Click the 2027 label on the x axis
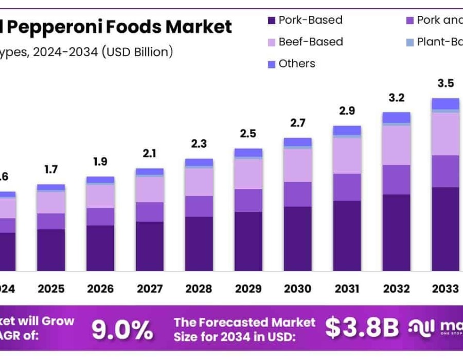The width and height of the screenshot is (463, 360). point(150,289)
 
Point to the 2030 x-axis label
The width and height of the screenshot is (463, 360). point(297,289)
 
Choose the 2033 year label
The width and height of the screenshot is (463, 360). point(445,289)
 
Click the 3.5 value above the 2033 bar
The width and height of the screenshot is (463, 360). point(445,84)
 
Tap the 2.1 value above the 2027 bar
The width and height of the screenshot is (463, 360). point(150,153)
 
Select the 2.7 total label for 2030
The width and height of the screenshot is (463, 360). point(297,123)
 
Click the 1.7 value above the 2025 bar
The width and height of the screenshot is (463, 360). point(51,169)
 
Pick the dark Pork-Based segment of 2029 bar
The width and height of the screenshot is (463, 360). point(248,241)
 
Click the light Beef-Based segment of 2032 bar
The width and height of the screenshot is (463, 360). point(396,145)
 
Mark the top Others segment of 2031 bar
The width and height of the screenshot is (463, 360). point(347,130)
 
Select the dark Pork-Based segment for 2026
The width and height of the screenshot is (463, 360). point(100,248)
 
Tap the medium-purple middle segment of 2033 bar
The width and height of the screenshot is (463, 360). point(445,171)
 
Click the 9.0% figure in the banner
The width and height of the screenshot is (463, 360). point(122,330)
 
